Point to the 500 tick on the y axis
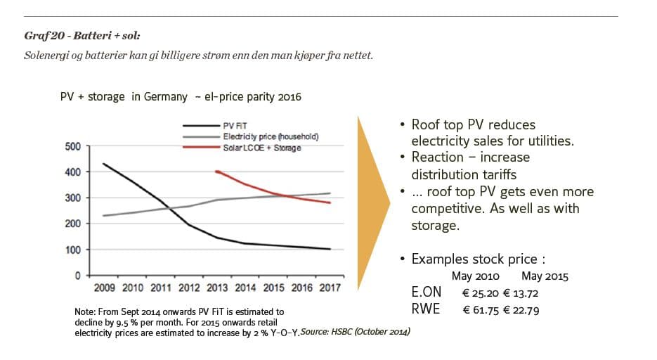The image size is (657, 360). (72, 146)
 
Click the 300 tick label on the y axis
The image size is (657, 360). (72, 198)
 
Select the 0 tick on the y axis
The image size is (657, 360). (79, 276)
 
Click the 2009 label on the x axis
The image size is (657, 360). (103, 288)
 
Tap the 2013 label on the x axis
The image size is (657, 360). (216, 288)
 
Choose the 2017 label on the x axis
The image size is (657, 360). (329, 288)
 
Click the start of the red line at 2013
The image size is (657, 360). (216, 171)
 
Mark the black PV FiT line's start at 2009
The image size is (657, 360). (103, 164)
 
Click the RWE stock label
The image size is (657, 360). (426, 309)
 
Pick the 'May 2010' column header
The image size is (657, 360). (476, 276)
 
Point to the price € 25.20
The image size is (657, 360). (483, 293)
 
